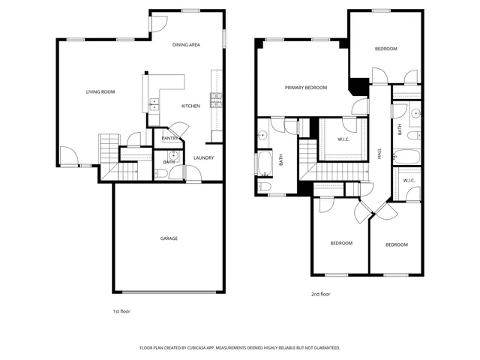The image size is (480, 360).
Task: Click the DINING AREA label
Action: pyautogui.click(x=186, y=45)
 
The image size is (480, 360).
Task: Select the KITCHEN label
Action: pyautogui.click(x=190, y=106)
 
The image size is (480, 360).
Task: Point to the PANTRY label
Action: pyautogui.click(x=170, y=137)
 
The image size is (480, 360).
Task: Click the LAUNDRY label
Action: pyautogui.click(x=204, y=157)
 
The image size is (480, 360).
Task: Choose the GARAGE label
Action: pyautogui.click(x=169, y=238)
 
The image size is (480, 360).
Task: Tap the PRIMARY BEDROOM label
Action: pyautogui.click(x=306, y=88)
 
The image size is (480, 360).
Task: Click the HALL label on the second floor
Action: pyautogui.click(x=380, y=153)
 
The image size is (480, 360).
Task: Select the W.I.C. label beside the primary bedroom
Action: pyautogui.click(x=344, y=139)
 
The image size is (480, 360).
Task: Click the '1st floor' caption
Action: pyautogui.click(x=121, y=310)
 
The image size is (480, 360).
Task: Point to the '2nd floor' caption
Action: pyautogui.click(x=320, y=294)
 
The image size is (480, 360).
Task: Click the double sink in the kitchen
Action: pyautogui.click(x=154, y=104)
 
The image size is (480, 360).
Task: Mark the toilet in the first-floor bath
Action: pyautogui.click(x=161, y=173)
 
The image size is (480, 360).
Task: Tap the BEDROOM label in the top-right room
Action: pyautogui.click(x=386, y=49)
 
